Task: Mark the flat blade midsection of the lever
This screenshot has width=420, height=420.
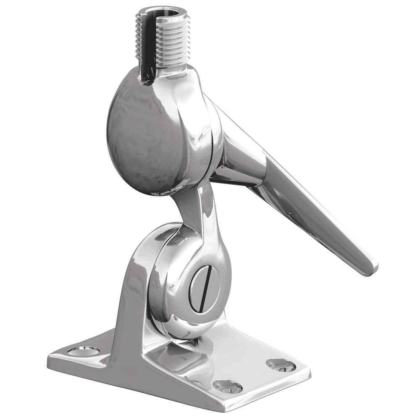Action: (x=311, y=210)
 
